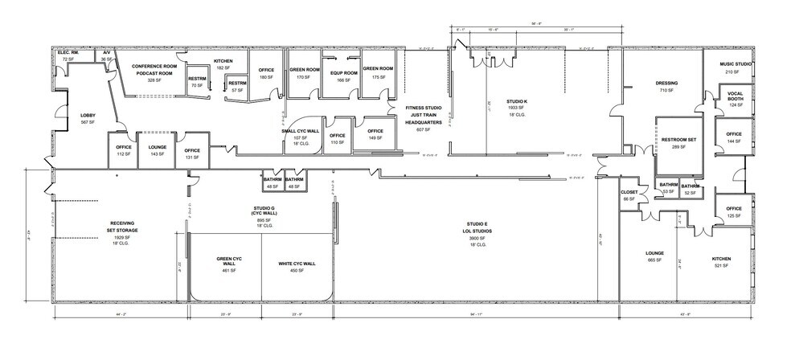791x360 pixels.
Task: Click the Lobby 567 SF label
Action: [88, 119]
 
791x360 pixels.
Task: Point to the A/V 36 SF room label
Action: [105, 55]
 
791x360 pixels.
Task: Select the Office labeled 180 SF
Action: [266, 74]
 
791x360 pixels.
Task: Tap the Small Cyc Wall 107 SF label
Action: [300, 137]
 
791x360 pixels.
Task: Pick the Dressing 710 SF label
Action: [666, 87]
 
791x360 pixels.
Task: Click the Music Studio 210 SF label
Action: [735, 68]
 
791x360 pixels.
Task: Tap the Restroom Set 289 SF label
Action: [678, 143]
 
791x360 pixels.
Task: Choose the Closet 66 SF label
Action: [629, 195]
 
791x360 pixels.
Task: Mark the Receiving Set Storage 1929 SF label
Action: [121, 232]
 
